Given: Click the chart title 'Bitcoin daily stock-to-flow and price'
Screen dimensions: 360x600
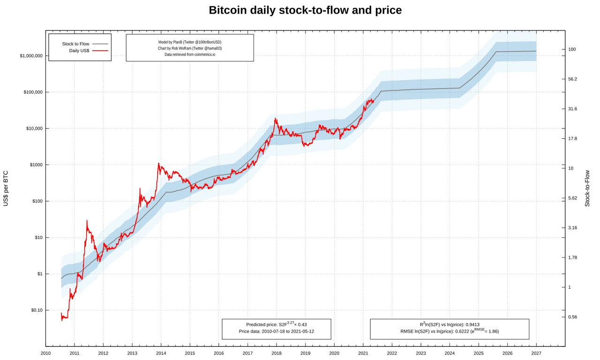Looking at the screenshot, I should click(x=305, y=10).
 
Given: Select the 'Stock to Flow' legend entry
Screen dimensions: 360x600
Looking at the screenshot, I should click(x=75, y=44).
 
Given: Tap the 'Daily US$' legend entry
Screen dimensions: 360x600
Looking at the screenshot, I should click(x=79, y=51).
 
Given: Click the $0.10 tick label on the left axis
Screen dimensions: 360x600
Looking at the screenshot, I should click(x=37, y=310).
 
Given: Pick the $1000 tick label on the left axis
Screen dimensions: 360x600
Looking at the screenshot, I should click(x=36, y=165).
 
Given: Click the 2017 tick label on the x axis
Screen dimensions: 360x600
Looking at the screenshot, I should click(x=247, y=353).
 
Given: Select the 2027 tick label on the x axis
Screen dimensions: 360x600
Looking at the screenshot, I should click(x=536, y=353).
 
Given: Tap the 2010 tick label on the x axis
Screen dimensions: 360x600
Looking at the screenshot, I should click(x=45, y=353).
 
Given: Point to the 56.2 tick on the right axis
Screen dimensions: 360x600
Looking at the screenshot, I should click(x=572, y=79).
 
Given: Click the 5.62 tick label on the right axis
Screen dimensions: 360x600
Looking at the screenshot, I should click(x=572, y=198).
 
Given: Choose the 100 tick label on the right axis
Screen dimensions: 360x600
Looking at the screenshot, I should click(x=572, y=49).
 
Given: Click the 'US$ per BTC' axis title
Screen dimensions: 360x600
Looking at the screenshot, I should click(x=6, y=188).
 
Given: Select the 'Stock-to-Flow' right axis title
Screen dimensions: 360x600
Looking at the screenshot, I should click(x=587, y=188).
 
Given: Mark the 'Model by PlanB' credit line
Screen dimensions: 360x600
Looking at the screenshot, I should click(x=190, y=42).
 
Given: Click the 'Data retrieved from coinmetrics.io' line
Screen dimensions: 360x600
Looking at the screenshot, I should click(x=190, y=54).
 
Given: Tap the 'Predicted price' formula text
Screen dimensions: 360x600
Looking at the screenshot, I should click(x=276, y=324).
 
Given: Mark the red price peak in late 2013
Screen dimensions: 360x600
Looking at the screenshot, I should click(x=158, y=164).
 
